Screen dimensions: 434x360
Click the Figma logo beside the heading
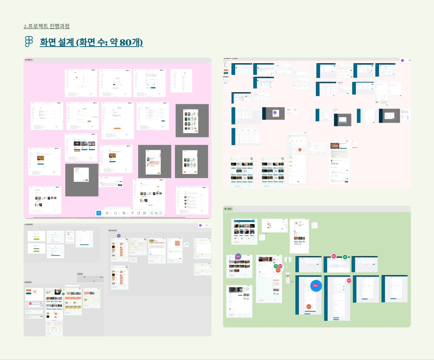click(x=29, y=42)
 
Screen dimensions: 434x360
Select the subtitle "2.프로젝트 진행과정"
click(x=47, y=26)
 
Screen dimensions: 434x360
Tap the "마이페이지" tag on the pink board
click(x=29, y=60)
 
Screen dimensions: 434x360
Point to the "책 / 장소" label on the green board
click(x=228, y=209)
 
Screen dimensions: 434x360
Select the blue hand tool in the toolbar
click(x=99, y=213)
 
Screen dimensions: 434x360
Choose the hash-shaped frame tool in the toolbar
click(x=107, y=213)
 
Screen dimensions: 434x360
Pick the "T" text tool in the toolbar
click(x=132, y=213)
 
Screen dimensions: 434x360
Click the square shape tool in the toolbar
click(x=115, y=213)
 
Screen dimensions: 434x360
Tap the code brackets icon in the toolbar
click(x=161, y=213)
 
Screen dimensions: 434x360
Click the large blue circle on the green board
click(x=315, y=286)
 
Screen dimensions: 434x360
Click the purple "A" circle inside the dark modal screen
click(x=275, y=113)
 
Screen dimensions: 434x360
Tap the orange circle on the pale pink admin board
click(x=299, y=149)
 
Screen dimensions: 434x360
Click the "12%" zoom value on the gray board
click(x=207, y=226)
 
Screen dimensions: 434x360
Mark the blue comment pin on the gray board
click(x=119, y=236)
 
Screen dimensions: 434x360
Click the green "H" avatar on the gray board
click(x=63, y=294)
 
